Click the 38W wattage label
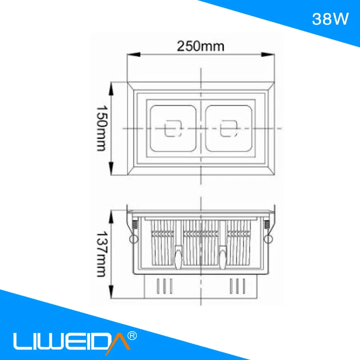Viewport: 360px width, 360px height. click(x=330, y=19)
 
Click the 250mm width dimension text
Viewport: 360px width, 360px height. click(x=201, y=47)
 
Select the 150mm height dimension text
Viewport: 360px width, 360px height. click(x=100, y=129)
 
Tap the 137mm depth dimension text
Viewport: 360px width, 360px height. click(x=100, y=255)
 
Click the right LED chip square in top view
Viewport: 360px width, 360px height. click(x=228, y=130)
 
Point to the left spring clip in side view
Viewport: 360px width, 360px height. click(x=132, y=230)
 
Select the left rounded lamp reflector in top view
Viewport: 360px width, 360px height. click(x=173, y=129)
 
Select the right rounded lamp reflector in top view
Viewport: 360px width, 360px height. click(x=228, y=129)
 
